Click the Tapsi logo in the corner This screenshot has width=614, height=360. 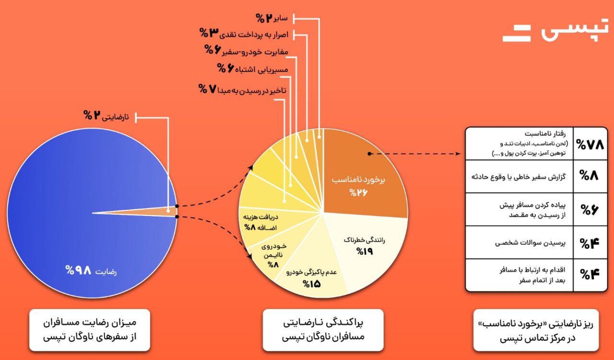(x=555, y=30)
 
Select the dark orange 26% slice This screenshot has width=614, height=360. (x=362, y=176)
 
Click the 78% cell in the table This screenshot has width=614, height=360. (x=590, y=144)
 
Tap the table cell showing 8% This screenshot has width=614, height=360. (x=590, y=176)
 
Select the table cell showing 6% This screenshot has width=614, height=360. (x=590, y=209)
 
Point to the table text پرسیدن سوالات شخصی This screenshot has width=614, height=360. (x=530, y=243)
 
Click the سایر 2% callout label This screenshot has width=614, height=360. (x=272, y=18)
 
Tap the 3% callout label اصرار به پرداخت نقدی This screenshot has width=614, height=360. (x=244, y=34)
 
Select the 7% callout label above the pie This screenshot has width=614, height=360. (x=242, y=89)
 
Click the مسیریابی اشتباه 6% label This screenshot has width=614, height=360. (x=252, y=68)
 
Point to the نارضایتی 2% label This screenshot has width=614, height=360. (x=106, y=116)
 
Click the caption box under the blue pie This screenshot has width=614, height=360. (x=90, y=330)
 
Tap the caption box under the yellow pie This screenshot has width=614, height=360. (x=323, y=330)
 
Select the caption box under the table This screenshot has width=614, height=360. (x=536, y=330)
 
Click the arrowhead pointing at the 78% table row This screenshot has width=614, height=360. (x=458, y=154)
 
